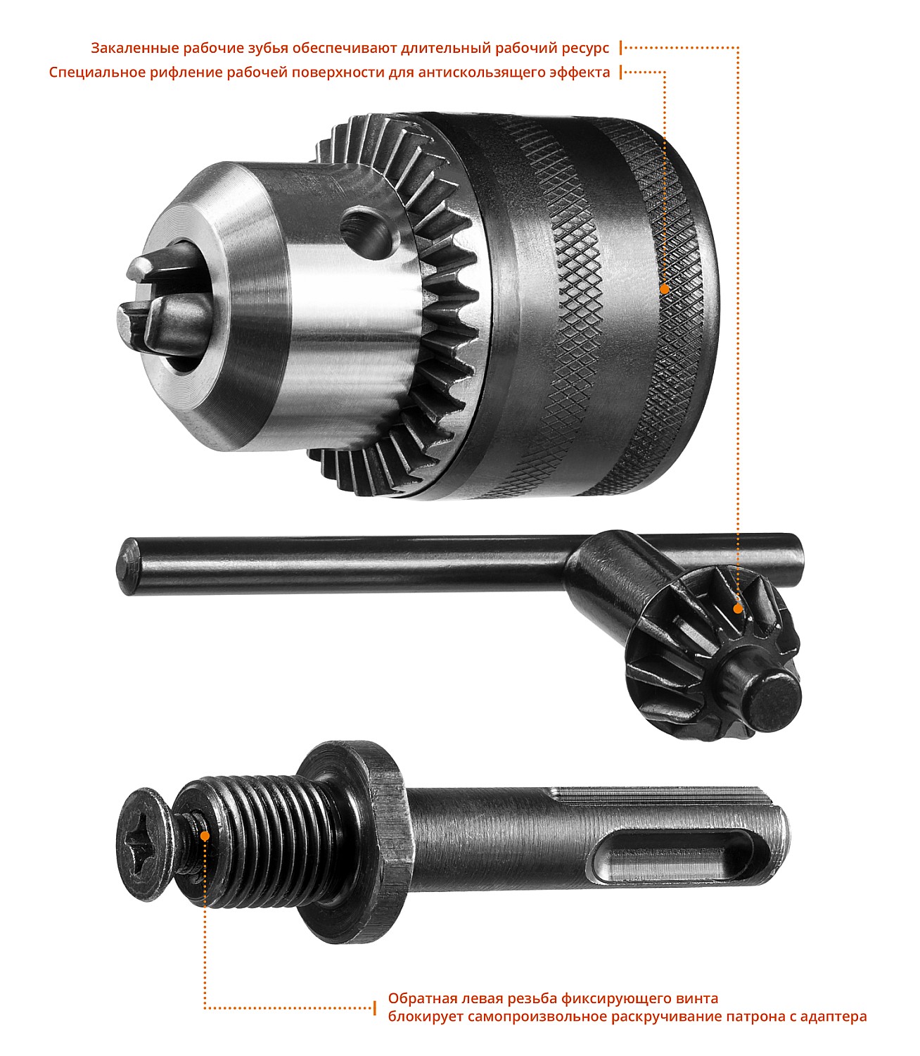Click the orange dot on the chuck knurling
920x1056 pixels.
665,289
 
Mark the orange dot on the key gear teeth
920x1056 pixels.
738,609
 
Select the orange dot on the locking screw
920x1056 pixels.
205,836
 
